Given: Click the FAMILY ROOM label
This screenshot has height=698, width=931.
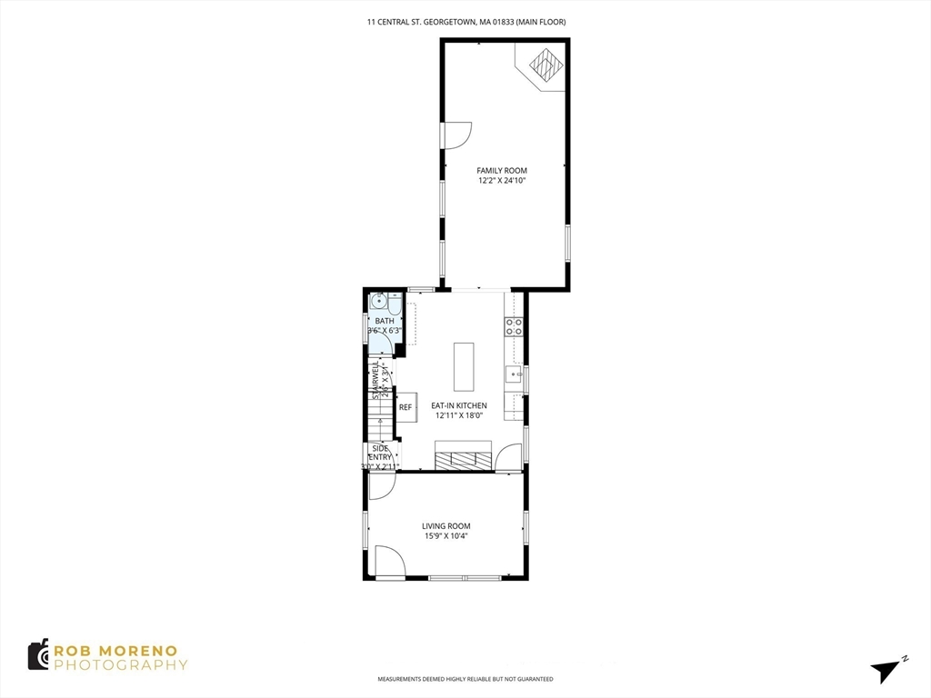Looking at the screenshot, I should [x=502, y=171].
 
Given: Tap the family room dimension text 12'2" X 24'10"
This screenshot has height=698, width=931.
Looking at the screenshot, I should [x=502, y=181].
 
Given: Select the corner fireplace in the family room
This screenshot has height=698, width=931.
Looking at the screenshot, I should [x=546, y=65].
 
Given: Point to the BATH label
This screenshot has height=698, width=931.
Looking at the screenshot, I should [x=385, y=321].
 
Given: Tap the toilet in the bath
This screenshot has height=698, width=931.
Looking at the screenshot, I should [x=395, y=303].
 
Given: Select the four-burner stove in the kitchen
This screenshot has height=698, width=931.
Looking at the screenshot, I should [x=514, y=326].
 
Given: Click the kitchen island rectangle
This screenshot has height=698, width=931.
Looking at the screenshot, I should [x=464, y=364].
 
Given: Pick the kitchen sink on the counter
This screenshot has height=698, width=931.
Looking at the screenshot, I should [x=514, y=374].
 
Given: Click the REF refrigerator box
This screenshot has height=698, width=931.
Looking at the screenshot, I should [x=405, y=408].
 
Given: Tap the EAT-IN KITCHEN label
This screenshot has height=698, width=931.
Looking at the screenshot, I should [x=458, y=405].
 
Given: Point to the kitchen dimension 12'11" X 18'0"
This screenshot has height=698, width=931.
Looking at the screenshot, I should [x=458, y=415].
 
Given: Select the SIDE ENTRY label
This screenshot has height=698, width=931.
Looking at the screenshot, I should [x=380, y=453].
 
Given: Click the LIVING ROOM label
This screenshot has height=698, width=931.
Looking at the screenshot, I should [x=445, y=526].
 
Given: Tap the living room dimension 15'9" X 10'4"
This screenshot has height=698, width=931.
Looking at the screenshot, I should [x=445, y=536].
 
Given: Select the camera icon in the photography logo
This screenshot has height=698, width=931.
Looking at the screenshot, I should [x=38, y=654].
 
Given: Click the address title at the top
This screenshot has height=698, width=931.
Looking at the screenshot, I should [x=465, y=22].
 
